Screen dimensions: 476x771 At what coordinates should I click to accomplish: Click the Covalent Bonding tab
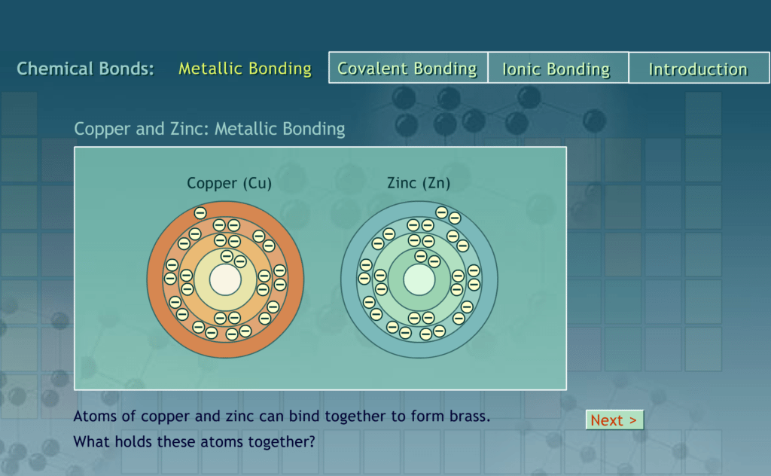point(407,69)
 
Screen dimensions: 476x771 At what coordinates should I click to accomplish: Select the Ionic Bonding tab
point(556,69)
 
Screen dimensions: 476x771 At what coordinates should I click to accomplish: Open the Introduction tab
point(698,69)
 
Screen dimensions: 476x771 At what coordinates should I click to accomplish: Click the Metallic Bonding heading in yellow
point(245,69)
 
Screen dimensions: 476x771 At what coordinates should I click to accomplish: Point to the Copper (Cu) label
point(229,183)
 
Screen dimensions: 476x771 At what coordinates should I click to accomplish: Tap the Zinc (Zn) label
point(419,183)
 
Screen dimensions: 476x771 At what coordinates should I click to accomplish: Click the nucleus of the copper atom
point(225,280)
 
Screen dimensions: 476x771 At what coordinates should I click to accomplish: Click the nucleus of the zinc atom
point(419,280)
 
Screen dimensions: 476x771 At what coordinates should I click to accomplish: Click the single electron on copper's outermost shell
point(200,213)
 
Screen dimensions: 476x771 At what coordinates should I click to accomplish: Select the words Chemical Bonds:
point(85,69)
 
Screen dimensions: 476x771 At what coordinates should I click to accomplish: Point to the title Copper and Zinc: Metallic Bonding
point(209,129)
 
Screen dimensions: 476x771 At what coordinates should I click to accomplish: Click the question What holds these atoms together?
point(194,442)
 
